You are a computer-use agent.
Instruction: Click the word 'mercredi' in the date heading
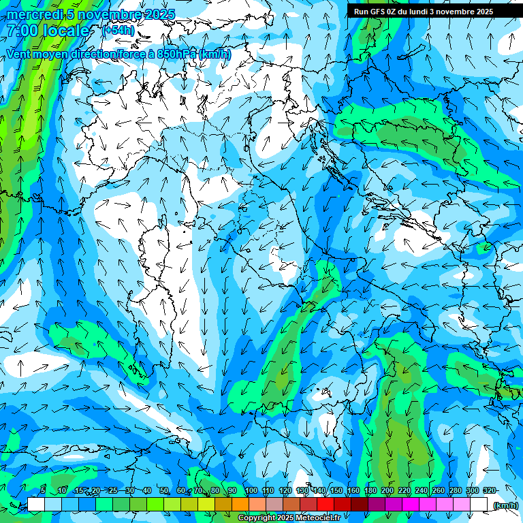click(31, 14)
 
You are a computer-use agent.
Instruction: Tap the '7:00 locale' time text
click(48, 31)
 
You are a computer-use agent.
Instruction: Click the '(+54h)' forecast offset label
click(118, 30)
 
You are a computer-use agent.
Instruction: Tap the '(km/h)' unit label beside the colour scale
click(505, 505)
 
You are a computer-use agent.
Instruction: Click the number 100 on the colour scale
click(251, 491)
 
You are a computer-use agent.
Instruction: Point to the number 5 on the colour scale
click(43, 491)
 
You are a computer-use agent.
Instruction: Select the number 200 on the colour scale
click(387, 491)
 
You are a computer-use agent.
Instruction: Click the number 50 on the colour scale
click(164, 491)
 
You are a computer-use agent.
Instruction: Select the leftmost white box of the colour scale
click(36, 504)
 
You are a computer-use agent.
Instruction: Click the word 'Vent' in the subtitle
click(19, 54)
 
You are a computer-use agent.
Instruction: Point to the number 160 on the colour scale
click(353, 491)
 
